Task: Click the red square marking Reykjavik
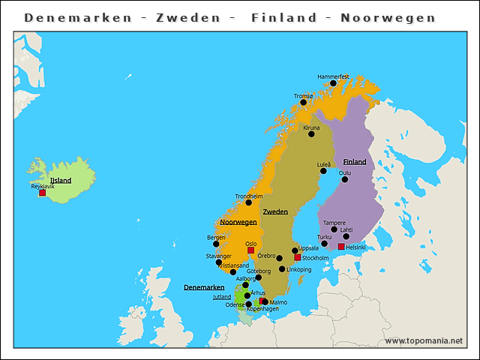[x=42, y=193]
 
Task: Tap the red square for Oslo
[x=250, y=250]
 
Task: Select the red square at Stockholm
[x=298, y=257]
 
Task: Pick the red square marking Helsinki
[x=341, y=247]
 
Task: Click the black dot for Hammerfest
[x=333, y=83]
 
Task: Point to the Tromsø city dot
[x=304, y=103]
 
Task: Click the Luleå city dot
[x=324, y=171]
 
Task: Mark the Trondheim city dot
[x=248, y=202]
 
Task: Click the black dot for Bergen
[x=216, y=244]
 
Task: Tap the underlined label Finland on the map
[x=355, y=162]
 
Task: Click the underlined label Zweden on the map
[x=275, y=211]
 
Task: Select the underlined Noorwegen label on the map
[x=238, y=222]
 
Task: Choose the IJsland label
[x=60, y=180]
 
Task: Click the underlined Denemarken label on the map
[x=204, y=287]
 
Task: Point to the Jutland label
[x=222, y=297]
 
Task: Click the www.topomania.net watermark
[x=424, y=340]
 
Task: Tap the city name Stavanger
[x=219, y=256]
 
